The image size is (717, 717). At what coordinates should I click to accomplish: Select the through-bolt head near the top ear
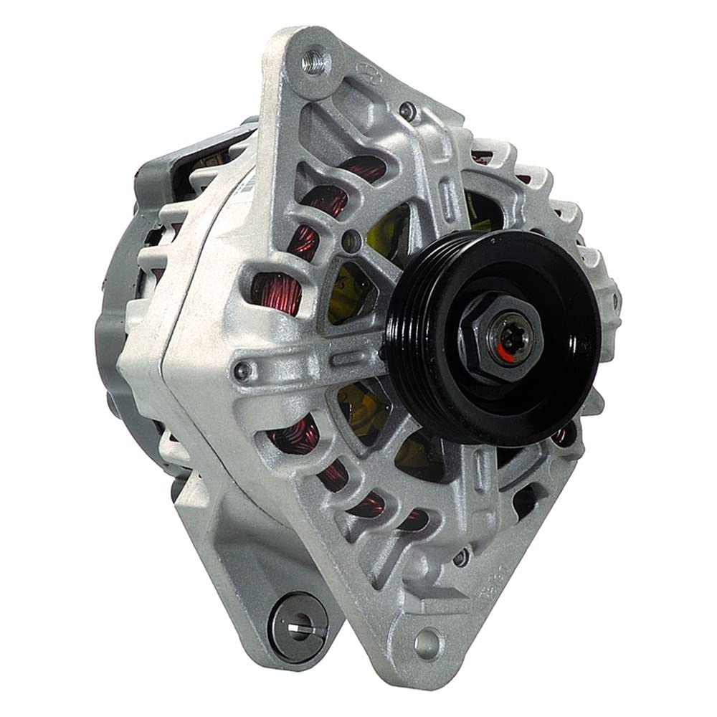tap(408, 110)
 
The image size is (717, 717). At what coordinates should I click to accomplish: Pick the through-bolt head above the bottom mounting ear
tap(467, 554)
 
